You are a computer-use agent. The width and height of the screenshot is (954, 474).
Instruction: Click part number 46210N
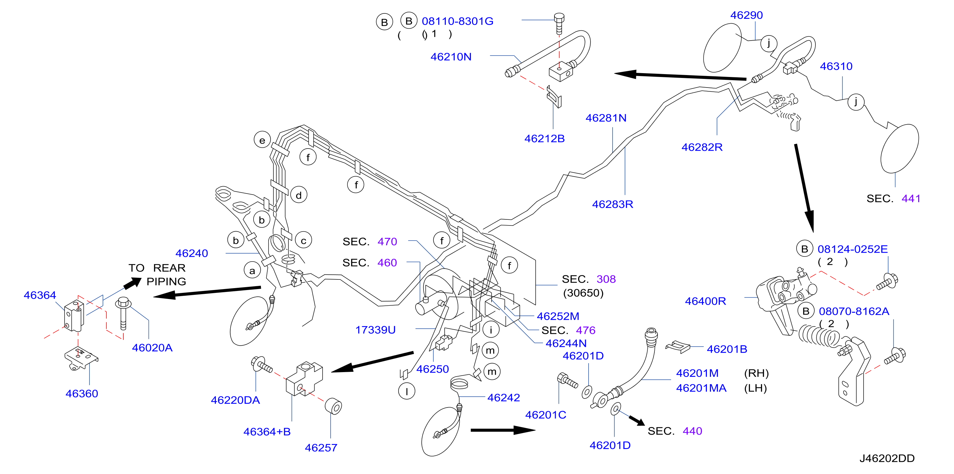click(451, 57)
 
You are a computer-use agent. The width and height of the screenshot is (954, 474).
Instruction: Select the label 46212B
click(545, 139)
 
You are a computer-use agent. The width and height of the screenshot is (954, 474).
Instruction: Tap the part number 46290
click(746, 15)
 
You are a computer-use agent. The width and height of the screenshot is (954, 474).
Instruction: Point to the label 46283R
click(613, 204)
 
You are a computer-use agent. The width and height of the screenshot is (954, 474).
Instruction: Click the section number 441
click(911, 199)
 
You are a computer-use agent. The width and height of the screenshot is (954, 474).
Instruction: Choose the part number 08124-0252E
click(852, 249)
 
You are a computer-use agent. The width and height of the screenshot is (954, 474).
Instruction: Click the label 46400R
click(705, 302)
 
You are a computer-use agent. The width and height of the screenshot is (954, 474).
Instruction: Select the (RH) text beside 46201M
click(756, 373)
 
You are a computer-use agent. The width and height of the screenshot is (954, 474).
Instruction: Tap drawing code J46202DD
click(887, 458)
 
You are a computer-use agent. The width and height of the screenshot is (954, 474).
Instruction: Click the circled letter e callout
click(262, 140)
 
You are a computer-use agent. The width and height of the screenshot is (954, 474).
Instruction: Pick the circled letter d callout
click(299, 195)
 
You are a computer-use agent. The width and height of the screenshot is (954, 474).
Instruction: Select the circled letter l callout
click(407, 391)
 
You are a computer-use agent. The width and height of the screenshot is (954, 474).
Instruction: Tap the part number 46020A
click(152, 348)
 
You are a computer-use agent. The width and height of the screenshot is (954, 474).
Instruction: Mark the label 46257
click(321, 448)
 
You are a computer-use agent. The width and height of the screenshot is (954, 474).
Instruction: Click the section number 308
click(606, 279)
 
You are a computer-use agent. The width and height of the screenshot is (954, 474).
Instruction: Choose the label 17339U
click(376, 330)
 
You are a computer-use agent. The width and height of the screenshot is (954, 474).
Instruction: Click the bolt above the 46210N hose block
click(559, 23)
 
